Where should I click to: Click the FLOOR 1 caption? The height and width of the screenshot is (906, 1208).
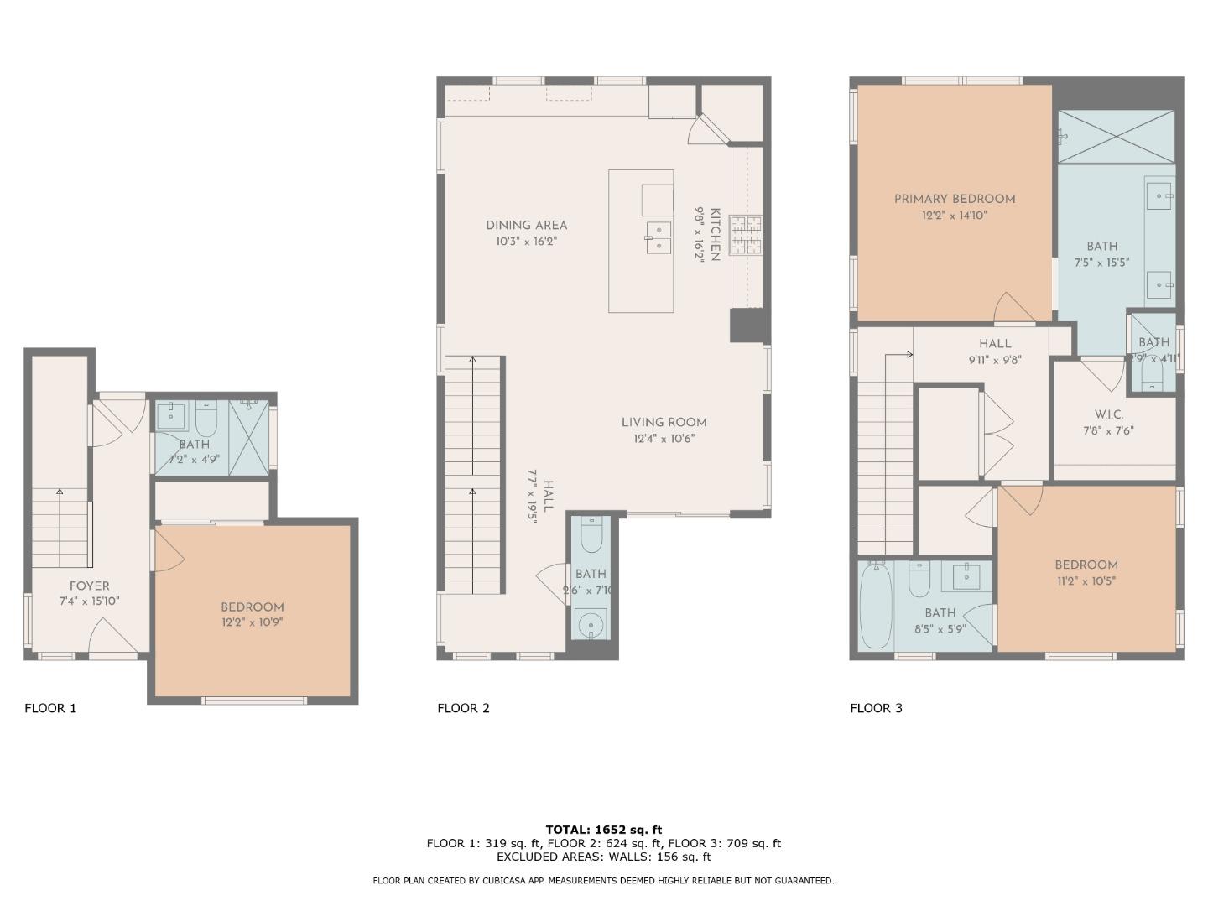click(50, 708)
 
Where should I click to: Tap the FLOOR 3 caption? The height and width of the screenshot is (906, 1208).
click(876, 708)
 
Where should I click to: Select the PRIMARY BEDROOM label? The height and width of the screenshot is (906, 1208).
click(954, 199)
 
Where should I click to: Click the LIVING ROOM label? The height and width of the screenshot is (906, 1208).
click(664, 423)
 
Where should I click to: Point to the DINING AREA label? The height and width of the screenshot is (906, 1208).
click(526, 225)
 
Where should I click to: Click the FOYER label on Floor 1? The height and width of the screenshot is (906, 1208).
click(89, 586)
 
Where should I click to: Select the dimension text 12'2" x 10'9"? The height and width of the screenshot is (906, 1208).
click(252, 622)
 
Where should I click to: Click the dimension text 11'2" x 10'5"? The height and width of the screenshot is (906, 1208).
click(1086, 581)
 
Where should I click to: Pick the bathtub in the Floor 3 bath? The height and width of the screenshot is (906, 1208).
click(876, 606)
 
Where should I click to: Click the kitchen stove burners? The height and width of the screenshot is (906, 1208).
click(746, 236)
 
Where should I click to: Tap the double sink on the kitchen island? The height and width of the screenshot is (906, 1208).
click(658, 237)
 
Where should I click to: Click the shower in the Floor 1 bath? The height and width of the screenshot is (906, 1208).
click(249, 439)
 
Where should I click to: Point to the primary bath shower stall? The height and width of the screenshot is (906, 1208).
click(1116, 136)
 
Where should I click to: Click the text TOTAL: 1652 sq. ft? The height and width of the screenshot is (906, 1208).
click(603, 830)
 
